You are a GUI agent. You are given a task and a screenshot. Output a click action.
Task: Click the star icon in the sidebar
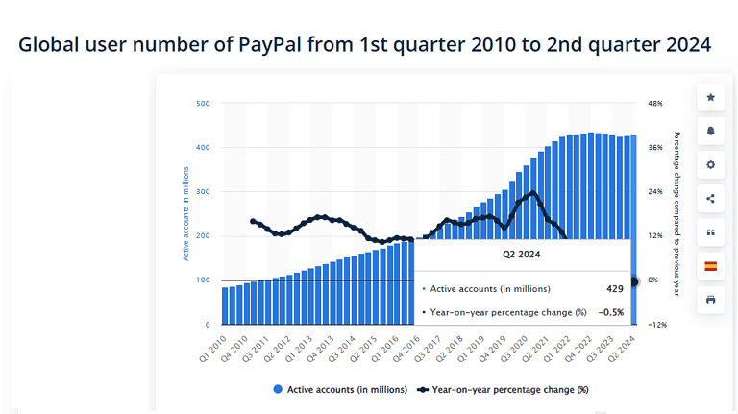(710, 97)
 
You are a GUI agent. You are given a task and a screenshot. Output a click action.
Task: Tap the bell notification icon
(710, 131)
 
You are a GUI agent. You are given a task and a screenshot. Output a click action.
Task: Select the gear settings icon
(710, 164)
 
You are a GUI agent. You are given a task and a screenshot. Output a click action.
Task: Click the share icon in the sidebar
(710, 199)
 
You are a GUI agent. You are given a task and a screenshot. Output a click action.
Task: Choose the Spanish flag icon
(710, 266)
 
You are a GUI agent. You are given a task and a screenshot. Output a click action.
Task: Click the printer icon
(710, 300)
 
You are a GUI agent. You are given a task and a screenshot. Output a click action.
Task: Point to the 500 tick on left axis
(204, 103)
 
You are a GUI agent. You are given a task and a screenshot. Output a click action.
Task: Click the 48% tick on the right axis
(656, 103)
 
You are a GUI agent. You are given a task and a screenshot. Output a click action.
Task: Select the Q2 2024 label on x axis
(624, 347)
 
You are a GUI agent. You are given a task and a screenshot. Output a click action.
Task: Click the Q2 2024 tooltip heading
(522, 255)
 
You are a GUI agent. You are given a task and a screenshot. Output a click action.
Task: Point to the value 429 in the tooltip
(614, 288)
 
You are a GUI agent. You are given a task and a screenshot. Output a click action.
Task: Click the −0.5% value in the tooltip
(610, 312)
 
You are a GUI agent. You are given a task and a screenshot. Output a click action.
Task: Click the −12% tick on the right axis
(657, 325)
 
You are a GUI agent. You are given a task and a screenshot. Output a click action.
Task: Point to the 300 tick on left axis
(204, 192)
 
